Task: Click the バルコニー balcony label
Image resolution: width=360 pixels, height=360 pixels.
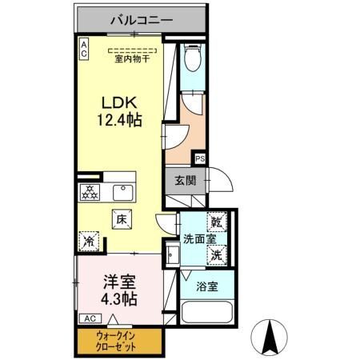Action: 142,20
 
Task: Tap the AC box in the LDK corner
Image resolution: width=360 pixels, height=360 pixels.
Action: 84,49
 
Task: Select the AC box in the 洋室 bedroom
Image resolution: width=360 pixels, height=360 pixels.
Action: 90,318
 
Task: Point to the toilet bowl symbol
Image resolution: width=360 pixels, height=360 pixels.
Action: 193,58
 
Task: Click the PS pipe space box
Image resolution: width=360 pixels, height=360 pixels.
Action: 200,159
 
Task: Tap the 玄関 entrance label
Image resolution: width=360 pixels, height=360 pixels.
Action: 186,181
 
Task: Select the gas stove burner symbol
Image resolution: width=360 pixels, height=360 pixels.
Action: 90,192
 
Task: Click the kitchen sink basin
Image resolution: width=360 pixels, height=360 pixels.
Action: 122,193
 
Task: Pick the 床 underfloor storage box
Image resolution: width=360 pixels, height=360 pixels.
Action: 122,219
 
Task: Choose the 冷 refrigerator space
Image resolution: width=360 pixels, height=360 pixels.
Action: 89,241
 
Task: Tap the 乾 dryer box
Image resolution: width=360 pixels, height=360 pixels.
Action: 217,222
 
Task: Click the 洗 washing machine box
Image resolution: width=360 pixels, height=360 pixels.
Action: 217,255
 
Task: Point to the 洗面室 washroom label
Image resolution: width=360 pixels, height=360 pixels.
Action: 199,238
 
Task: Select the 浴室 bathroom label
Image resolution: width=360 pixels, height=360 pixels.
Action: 207,286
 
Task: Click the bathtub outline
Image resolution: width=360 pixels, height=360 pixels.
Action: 207,312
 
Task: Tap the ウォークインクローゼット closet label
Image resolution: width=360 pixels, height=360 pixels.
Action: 116,342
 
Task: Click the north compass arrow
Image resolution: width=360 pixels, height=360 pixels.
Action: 270,337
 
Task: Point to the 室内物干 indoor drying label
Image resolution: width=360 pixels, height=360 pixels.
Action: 132,58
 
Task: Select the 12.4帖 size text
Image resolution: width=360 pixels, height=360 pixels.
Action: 119,120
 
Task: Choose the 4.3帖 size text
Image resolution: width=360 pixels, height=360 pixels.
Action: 119,299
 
